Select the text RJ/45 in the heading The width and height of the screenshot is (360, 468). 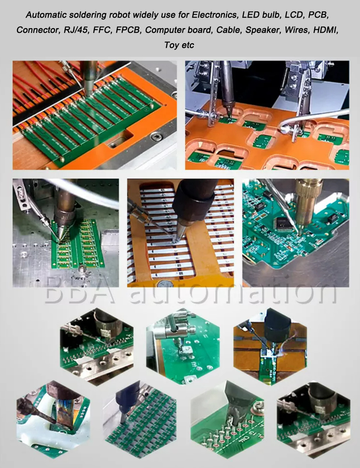pos(76,30)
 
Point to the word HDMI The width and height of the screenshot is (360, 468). pos(326,30)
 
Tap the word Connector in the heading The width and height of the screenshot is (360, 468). pos(38,30)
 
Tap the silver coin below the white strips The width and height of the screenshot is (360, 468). pos(165,284)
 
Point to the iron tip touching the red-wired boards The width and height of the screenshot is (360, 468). pos(88,94)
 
